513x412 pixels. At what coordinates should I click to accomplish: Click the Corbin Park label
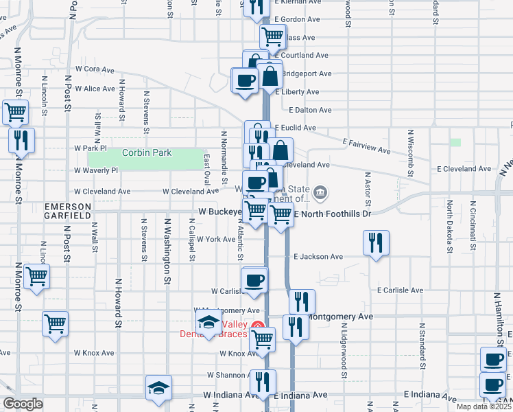(x=147, y=152)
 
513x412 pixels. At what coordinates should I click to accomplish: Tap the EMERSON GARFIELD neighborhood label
(x=68, y=211)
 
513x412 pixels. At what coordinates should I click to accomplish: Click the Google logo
(x=23, y=404)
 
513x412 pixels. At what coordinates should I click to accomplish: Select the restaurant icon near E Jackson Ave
(x=375, y=242)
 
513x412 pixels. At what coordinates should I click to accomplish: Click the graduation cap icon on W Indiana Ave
(x=158, y=387)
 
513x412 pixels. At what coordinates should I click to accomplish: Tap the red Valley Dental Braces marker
(x=257, y=327)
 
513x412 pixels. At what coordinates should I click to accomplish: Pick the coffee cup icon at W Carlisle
(x=254, y=280)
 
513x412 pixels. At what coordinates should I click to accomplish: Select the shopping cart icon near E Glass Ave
(x=273, y=37)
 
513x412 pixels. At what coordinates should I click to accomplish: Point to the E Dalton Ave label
(x=310, y=110)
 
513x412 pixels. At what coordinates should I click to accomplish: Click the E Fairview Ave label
(x=366, y=146)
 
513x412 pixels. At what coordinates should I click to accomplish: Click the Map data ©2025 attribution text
(x=484, y=407)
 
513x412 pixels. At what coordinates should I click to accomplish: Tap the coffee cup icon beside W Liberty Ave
(x=245, y=81)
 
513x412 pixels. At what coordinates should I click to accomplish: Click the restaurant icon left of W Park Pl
(x=20, y=141)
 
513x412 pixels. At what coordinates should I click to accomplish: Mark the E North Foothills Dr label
(x=332, y=214)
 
